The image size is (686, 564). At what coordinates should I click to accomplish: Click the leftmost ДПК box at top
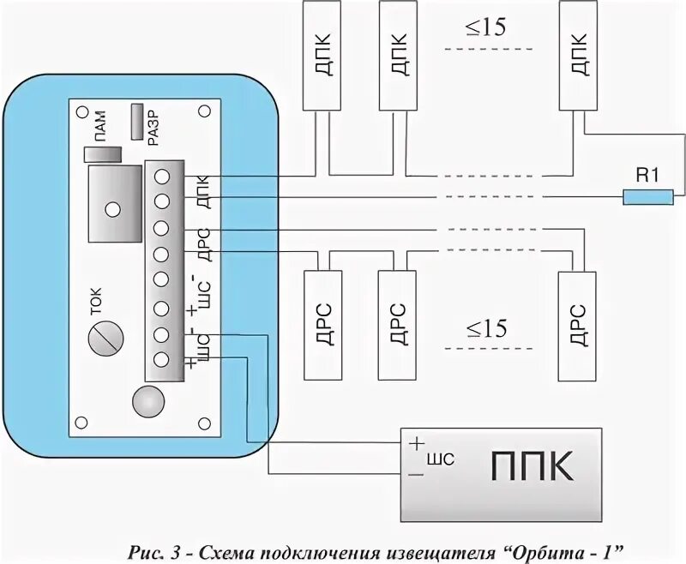(x=322, y=55)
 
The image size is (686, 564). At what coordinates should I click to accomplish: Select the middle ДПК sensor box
(x=395, y=55)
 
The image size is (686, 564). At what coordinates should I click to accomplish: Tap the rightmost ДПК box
(x=577, y=55)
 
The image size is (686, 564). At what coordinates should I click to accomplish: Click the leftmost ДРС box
(x=322, y=324)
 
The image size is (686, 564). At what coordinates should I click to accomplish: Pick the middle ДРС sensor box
(x=395, y=324)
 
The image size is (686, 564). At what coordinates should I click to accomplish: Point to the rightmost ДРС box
(x=576, y=324)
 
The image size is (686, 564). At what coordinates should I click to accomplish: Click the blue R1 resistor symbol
(x=647, y=198)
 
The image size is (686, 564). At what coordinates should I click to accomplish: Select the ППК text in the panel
(x=532, y=469)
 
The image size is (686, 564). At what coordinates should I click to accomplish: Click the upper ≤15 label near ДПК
(x=486, y=28)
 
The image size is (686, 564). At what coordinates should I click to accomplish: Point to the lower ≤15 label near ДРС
(x=486, y=328)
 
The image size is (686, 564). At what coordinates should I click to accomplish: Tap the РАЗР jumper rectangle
(x=138, y=122)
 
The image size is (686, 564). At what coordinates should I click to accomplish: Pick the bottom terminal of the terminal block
(x=161, y=358)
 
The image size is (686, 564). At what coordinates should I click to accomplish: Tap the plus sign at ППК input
(x=417, y=445)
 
